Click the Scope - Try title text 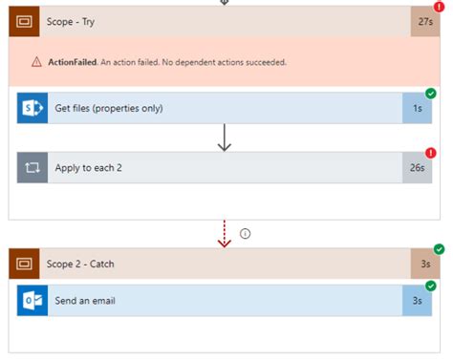[x=70, y=21]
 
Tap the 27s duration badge [x=424, y=21]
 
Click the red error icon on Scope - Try [x=439, y=7]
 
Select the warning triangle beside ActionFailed [x=36, y=62]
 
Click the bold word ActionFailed [x=72, y=62]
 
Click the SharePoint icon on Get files [x=32, y=108]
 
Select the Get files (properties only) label [x=109, y=108]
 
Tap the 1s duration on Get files [x=417, y=108]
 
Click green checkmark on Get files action [x=431, y=94]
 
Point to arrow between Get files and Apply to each [x=226, y=138]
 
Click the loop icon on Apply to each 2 [x=32, y=167]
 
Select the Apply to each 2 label [x=93, y=167]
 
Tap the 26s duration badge [x=417, y=167]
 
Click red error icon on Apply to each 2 [x=431, y=153]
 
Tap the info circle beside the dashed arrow [x=245, y=233]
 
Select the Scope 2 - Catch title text [x=87, y=264]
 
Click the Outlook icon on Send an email [x=32, y=300]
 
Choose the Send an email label [x=86, y=300]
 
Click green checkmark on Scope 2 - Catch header [x=439, y=250]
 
